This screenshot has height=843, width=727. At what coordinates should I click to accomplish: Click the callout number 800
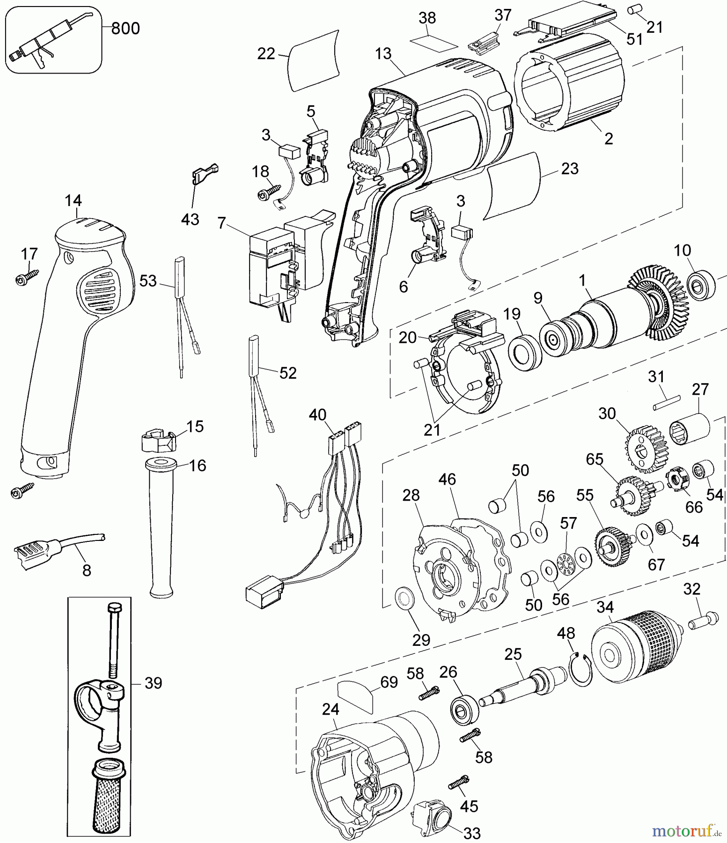tap(125, 29)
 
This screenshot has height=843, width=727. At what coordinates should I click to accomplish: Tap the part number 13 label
tap(383, 54)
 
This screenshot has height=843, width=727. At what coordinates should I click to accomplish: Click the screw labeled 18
tap(266, 192)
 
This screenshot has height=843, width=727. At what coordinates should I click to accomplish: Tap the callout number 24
tap(330, 710)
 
